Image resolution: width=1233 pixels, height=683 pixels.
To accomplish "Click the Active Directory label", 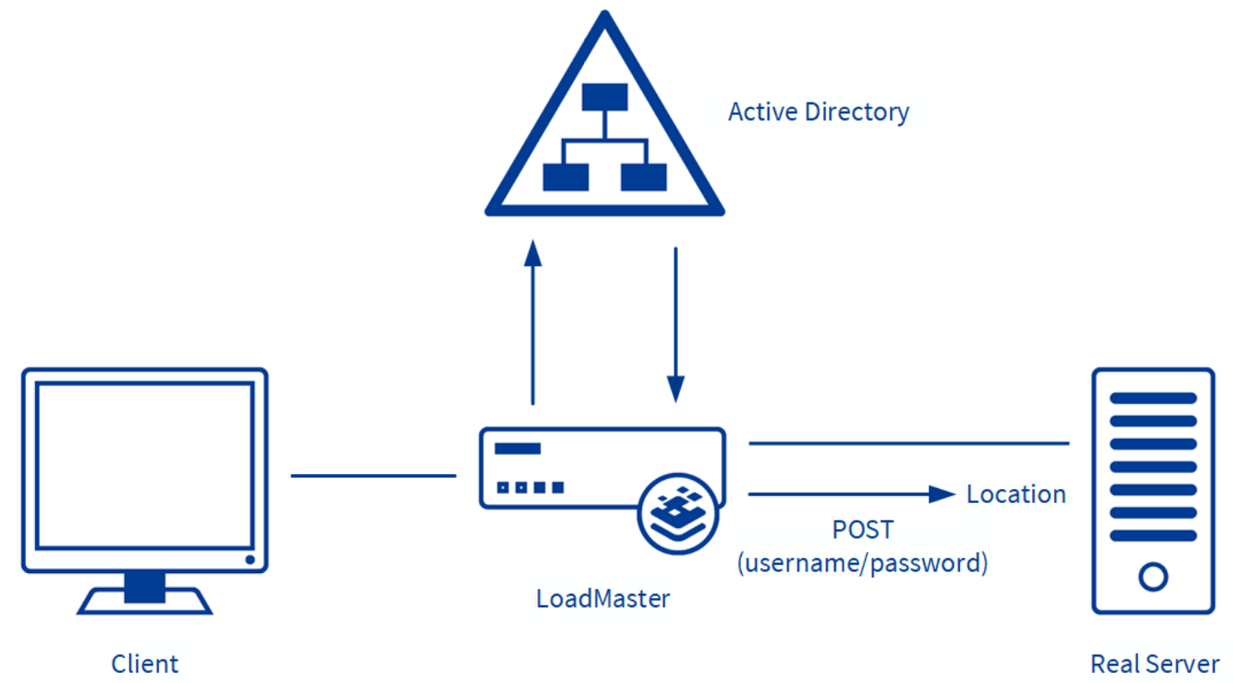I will pyautogui.click(x=818, y=112).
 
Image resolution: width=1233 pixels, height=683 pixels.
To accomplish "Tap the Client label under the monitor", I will pyautogui.click(x=145, y=664).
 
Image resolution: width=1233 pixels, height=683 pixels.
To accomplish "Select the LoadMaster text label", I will pyautogui.click(x=603, y=598).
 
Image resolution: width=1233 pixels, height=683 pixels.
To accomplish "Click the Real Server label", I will pyautogui.click(x=1155, y=664).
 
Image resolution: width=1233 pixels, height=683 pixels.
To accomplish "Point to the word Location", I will pyautogui.click(x=1016, y=494).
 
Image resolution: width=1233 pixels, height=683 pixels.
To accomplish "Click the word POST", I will pyautogui.click(x=863, y=530).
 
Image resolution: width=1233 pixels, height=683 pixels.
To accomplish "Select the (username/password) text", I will pyautogui.click(x=863, y=563).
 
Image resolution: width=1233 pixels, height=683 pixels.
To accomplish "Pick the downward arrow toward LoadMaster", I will pyautogui.click(x=675, y=325).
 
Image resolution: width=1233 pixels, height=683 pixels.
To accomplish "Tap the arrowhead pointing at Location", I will pyautogui.click(x=942, y=494).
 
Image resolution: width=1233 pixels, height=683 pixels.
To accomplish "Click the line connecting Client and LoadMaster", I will pyautogui.click(x=373, y=476).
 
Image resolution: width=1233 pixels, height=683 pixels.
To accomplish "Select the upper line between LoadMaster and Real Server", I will pyautogui.click(x=908, y=443).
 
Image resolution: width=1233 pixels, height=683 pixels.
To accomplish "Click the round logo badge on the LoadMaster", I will pyautogui.click(x=678, y=514).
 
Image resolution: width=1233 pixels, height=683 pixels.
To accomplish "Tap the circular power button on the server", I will pyautogui.click(x=1153, y=576).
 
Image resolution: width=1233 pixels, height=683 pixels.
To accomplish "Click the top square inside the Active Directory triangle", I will pyautogui.click(x=604, y=97).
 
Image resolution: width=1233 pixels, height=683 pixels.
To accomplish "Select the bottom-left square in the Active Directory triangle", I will pyautogui.click(x=565, y=177).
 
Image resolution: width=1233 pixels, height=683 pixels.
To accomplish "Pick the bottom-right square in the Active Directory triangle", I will pyautogui.click(x=644, y=177).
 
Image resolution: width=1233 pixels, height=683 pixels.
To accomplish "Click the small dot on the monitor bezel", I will pyautogui.click(x=250, y=560).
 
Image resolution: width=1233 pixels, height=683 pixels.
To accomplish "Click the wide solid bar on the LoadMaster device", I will pyautogui.click(x=517, y=449).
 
